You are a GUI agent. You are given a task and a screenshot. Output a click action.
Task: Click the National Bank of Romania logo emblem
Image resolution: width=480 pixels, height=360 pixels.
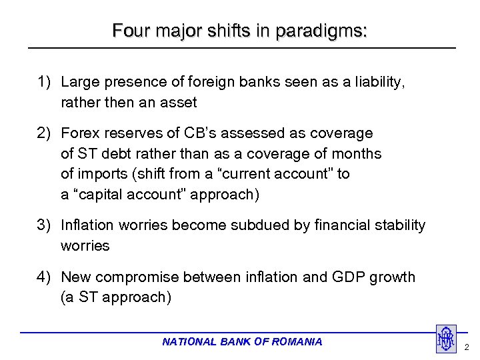[x=445, y=339]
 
